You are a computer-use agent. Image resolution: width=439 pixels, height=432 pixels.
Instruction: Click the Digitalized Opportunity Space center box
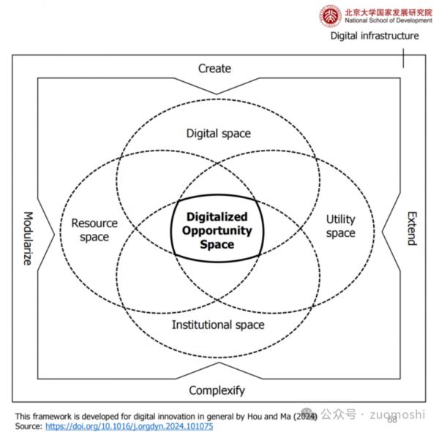click(x=217, y=230)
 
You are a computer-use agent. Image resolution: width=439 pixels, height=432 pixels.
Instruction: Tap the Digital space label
click(x=218, y=133)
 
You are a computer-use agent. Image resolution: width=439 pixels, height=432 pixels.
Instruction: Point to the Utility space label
click(x=340, y=226)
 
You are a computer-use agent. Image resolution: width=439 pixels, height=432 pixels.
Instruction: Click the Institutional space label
click(x=218, y=325)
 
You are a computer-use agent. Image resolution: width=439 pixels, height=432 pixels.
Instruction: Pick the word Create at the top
click(x=214, y=69)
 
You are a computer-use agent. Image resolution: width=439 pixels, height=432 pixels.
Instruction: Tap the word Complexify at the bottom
click(x=217, y=390)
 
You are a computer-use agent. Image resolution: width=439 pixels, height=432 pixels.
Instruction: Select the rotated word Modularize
click(x=27, y=238)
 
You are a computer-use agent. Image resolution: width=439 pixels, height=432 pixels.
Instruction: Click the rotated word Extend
click(x=410, y=228)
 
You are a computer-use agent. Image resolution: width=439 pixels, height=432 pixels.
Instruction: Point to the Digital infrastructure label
click(x=375, y=36)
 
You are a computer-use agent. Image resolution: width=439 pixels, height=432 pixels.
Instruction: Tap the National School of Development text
click(x=386, y=20)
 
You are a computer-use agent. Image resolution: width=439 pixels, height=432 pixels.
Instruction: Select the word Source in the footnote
click(x=28, y=425)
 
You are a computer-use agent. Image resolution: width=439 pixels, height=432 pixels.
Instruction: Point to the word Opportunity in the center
click(x=217, y=230)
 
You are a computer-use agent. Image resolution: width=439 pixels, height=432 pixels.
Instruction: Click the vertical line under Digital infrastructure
click(x=403, y=57)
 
